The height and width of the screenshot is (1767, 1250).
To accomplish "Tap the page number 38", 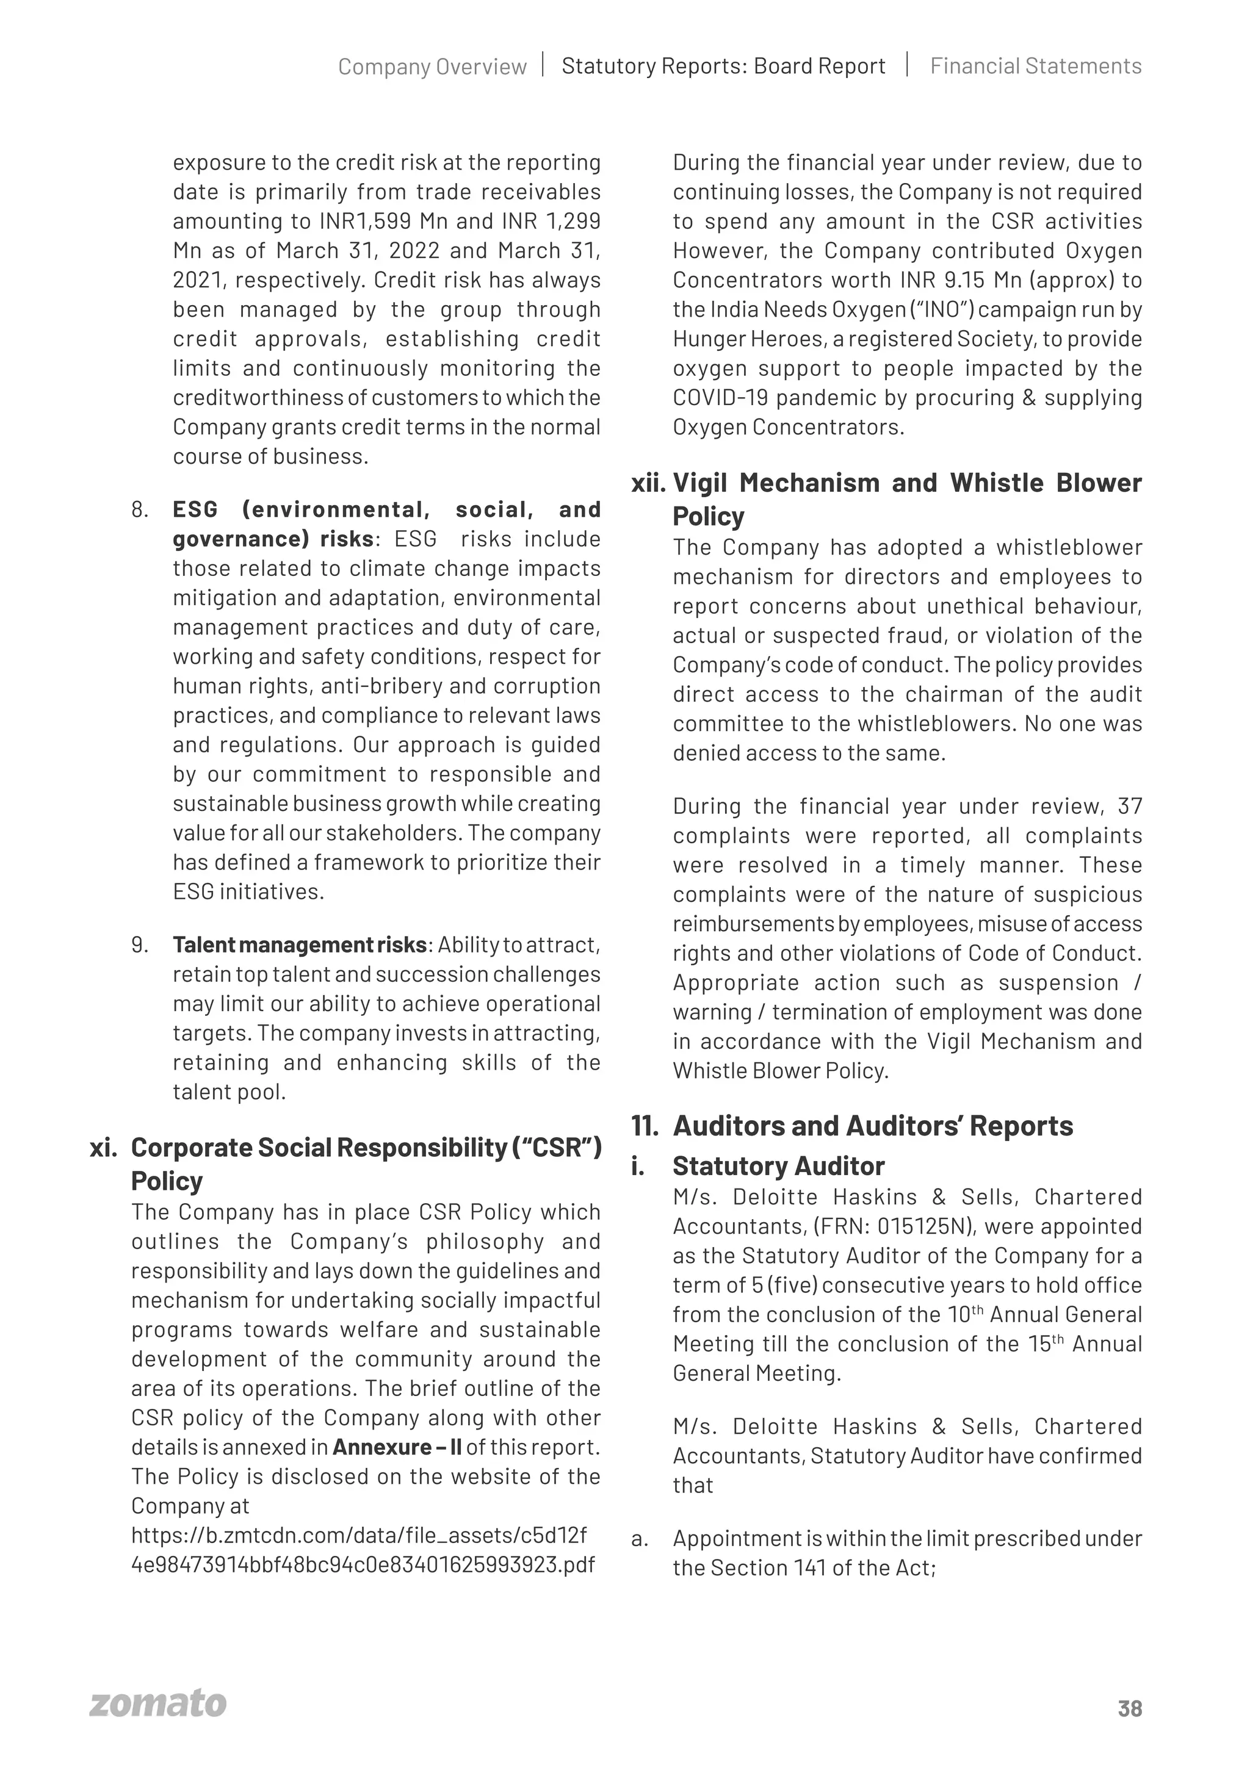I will pos(1130,1708).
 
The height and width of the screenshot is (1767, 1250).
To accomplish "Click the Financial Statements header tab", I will pos(1035,66).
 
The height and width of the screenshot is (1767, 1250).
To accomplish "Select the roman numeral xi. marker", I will pos(103,1148).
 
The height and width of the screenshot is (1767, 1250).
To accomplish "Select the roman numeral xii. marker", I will pos(648,483).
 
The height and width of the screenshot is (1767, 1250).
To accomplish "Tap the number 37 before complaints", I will pos(1129,807).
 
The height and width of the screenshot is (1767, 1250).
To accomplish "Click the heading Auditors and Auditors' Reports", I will pos(872,1126).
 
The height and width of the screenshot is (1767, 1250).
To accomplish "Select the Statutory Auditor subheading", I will pos(778,1166).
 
